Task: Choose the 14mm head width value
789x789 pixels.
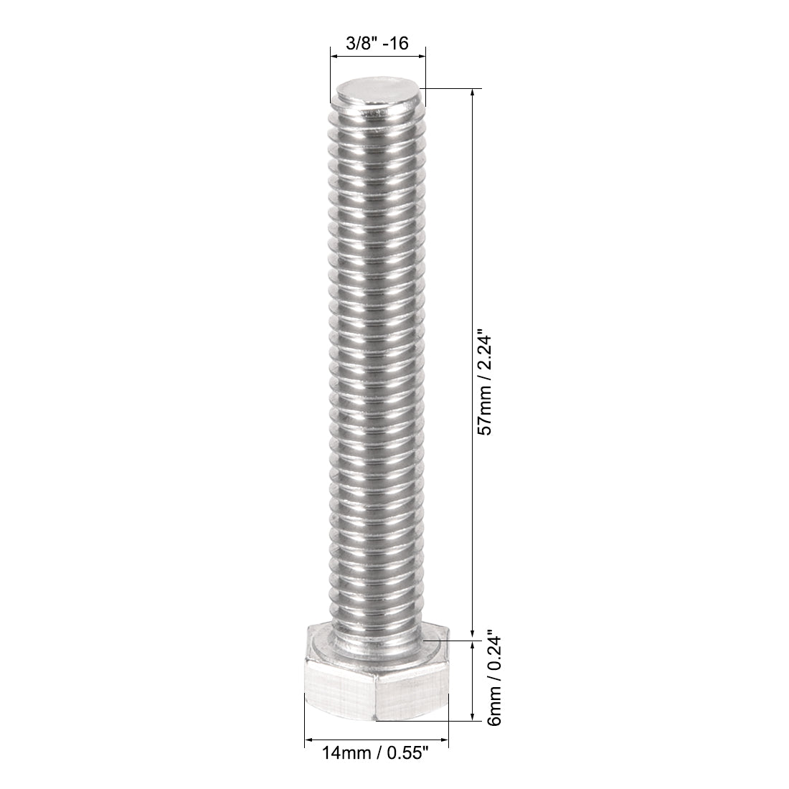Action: [x=342, y=754]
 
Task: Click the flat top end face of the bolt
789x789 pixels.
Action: [x=377, y=94]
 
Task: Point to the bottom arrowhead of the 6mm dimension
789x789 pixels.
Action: [x=473, y=717]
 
